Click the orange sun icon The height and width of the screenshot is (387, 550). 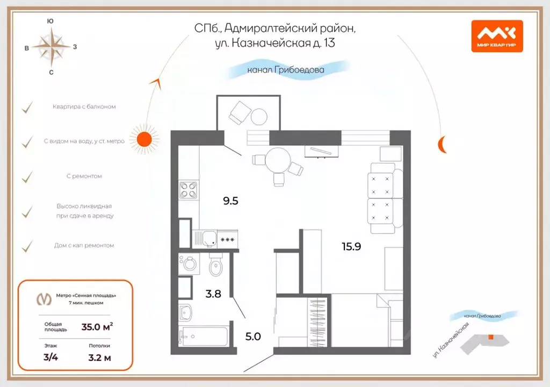144,139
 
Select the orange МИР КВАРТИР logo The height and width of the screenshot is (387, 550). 497,36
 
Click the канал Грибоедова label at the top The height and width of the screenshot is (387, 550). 286,69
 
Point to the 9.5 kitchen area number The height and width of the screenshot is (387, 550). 230,201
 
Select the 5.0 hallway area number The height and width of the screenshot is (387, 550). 252,337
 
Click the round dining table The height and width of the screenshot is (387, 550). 278,159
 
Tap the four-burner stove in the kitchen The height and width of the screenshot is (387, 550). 188,190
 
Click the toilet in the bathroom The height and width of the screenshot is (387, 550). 216,265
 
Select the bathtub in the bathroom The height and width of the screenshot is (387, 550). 204,337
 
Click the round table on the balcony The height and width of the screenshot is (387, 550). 259,117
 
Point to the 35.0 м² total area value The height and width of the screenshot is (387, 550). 97,326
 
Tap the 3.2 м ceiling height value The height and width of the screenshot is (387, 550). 99,358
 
